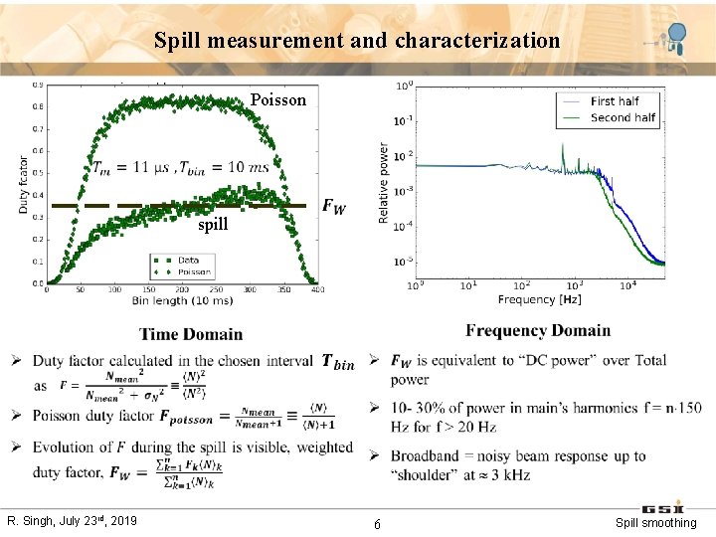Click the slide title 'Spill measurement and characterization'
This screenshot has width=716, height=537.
(x=357, y=41)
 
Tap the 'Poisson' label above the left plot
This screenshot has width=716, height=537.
(x=278, y=99)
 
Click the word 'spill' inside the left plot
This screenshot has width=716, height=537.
(x=212, y=225)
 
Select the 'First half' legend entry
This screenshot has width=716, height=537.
(x=614, y=101)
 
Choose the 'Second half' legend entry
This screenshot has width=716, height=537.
(x=623, y=117)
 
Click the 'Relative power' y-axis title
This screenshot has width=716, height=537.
(x=384, y=183)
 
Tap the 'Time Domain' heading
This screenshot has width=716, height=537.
(x=191, y=334)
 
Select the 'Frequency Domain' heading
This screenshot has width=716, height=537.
(x=538, y=330)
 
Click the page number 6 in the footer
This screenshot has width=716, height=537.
(x=377, y=524)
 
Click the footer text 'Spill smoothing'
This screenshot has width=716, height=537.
(x=655, y=523)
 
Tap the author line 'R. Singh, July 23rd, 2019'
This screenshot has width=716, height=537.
(x=73, y=521)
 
